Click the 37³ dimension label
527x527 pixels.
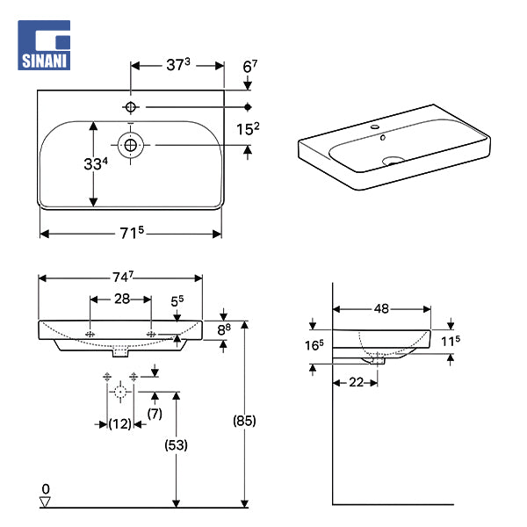(x=178, y=64)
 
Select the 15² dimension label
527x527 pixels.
(x=248, y=129)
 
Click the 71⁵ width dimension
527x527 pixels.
(x=130, y=233)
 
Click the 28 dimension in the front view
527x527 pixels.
(x=122, y=299)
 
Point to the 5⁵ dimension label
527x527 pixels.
(x=177, y=300)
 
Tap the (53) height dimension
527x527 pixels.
(x=177, y=445)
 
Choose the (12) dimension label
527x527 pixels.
(x=119, y=423)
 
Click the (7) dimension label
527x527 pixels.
(x=155, y=412)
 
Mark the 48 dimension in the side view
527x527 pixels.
(x=382, y=308)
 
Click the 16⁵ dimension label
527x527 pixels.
(x=314, y=345)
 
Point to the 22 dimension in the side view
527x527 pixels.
(x=355, y=383)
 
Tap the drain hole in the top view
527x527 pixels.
(x=131, y=143)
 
